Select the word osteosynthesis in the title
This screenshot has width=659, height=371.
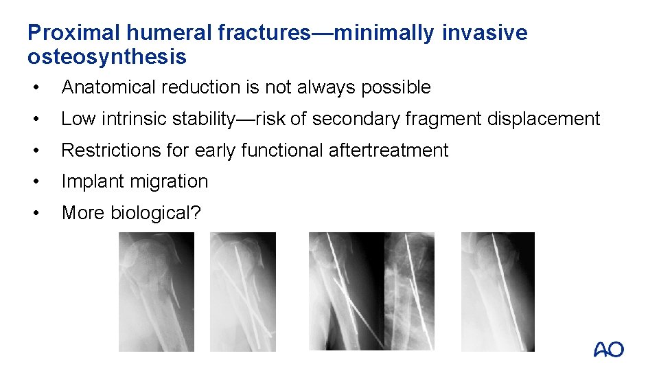click(x=107, y=57)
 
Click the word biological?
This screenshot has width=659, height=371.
click(x=157, y=213)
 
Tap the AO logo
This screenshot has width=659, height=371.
click(x=608, y=350)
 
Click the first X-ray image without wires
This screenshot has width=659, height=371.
click(x=156, y=292)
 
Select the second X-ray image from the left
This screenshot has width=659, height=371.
click(x=242, y=292)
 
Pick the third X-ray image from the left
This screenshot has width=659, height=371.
click(x=346, y=292)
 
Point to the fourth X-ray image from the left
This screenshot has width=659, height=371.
click(x=409, y=292)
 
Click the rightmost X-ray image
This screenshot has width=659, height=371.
click(x=497, y=292)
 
